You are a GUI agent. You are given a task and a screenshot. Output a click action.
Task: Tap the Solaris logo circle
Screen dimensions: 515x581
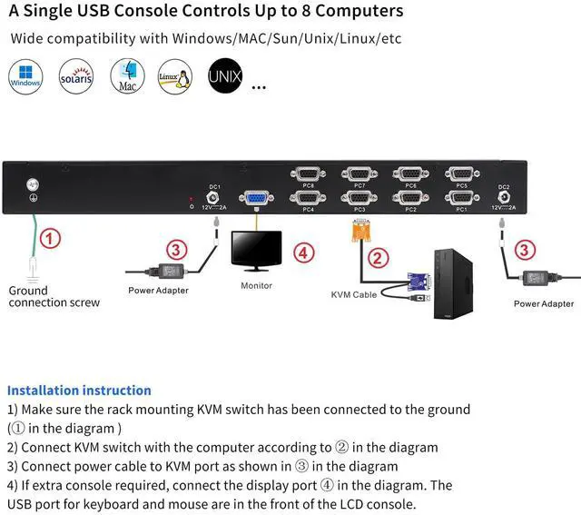76,77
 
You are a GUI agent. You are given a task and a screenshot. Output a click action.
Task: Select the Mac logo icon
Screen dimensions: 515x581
126,77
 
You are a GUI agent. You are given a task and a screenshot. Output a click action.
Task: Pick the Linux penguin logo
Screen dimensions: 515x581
174,77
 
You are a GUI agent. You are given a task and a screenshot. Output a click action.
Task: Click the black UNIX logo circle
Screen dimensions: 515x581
224,76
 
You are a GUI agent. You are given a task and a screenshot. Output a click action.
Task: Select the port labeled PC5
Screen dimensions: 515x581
462,174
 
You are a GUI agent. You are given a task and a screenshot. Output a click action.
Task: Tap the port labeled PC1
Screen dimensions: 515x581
462,197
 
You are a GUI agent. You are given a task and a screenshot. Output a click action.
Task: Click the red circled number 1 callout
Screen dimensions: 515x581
52,240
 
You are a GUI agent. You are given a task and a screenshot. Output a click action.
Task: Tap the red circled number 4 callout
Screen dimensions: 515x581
304,252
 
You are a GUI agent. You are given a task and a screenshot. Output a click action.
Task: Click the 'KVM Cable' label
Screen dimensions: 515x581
353,295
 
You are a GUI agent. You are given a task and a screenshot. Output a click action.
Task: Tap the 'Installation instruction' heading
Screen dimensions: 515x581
79,391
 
